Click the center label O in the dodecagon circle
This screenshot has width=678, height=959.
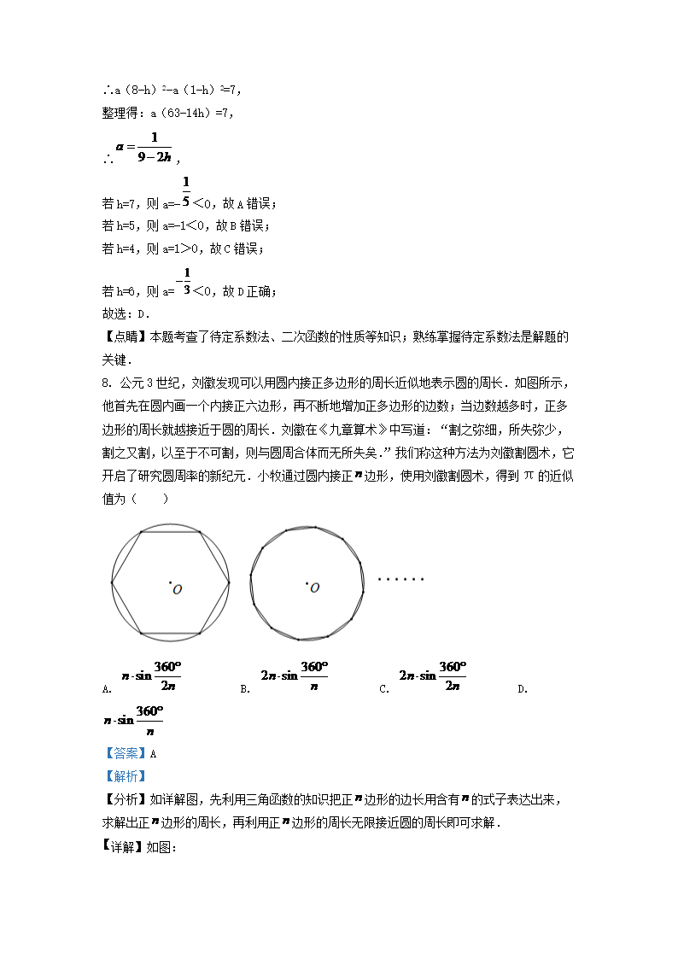(314, 588)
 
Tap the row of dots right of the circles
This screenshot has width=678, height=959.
(400, 579)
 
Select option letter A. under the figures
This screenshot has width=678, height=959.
(107, 688)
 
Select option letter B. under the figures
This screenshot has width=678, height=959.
(245, 688)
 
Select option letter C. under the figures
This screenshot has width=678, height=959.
(384, 688)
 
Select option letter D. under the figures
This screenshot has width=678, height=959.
(523, 688)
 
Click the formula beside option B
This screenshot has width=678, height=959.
(294, 675)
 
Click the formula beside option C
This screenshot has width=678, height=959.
(432, 675)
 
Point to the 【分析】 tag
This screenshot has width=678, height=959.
(125, 798)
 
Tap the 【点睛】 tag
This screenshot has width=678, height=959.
(125, 336)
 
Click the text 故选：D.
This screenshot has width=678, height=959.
(126, 313)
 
